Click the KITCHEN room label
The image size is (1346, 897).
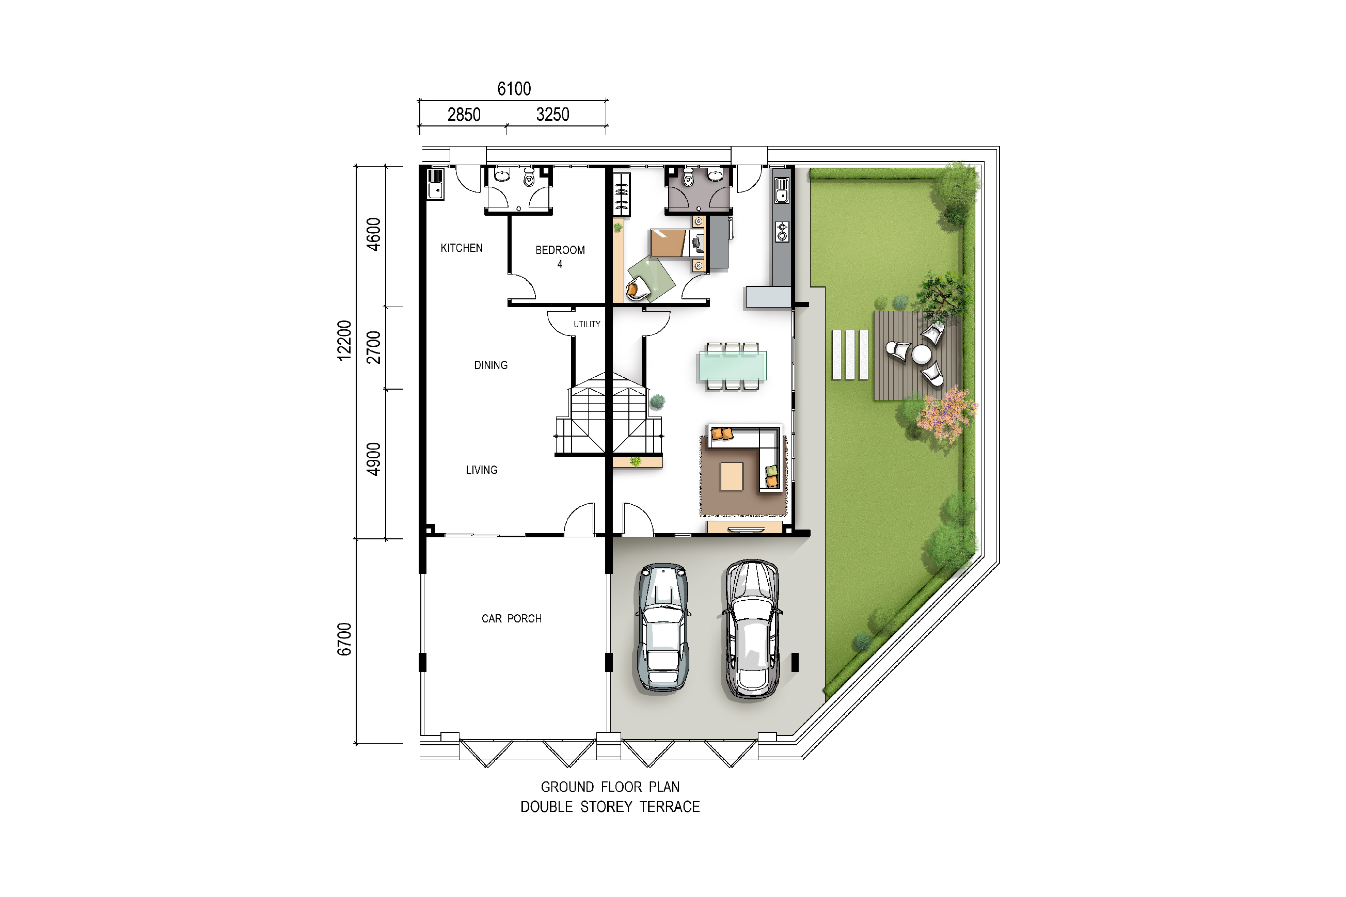click(x=461, y=248)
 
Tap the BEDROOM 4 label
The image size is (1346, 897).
click(x=560, y=257)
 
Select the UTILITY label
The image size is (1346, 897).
click(x=587, y=324)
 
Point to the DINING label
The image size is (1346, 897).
click(x=490, y=365)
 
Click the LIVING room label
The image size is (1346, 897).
click(x=481, y=470)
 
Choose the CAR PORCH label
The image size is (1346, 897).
click(x=511, y=618)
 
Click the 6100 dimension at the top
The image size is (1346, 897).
click(x=514, y=89)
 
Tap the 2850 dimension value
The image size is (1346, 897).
click(x=464, y=115)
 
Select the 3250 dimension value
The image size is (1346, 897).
click(x=552, y=115)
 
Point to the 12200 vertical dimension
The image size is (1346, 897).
click(x=343, y=341)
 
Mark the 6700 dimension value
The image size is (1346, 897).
click(x=343, y=639)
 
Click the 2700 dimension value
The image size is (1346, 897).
click(x=373, y=347)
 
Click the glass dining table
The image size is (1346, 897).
click(x=732, y=366)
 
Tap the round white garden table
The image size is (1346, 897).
click(x=922, y=355)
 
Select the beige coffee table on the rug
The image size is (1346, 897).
click(x=732, y=476)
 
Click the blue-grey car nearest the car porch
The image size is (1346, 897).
click(x=663, y=628)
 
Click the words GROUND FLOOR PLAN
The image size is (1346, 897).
click(x=610, y=787)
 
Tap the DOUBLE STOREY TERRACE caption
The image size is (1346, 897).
click(x=610, y=807)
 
